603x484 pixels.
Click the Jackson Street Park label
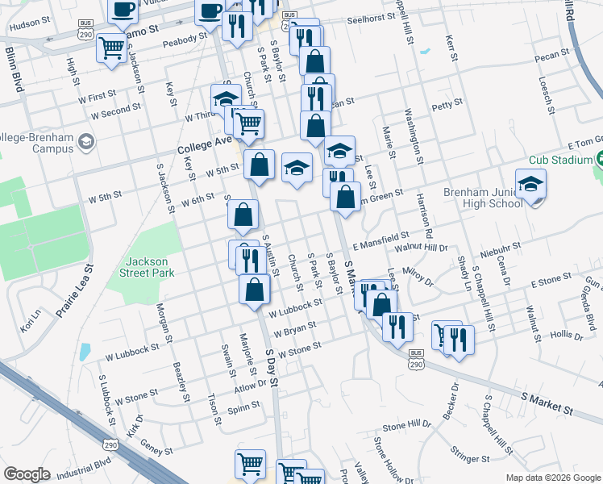[x=150, y=267]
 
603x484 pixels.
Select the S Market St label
[x=547, y=405]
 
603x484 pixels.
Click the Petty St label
[x=447, y=103]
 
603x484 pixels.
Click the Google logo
[x=27, y=474]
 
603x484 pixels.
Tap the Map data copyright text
[x=552, y=478]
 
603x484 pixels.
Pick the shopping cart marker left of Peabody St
[x=110, y=48]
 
